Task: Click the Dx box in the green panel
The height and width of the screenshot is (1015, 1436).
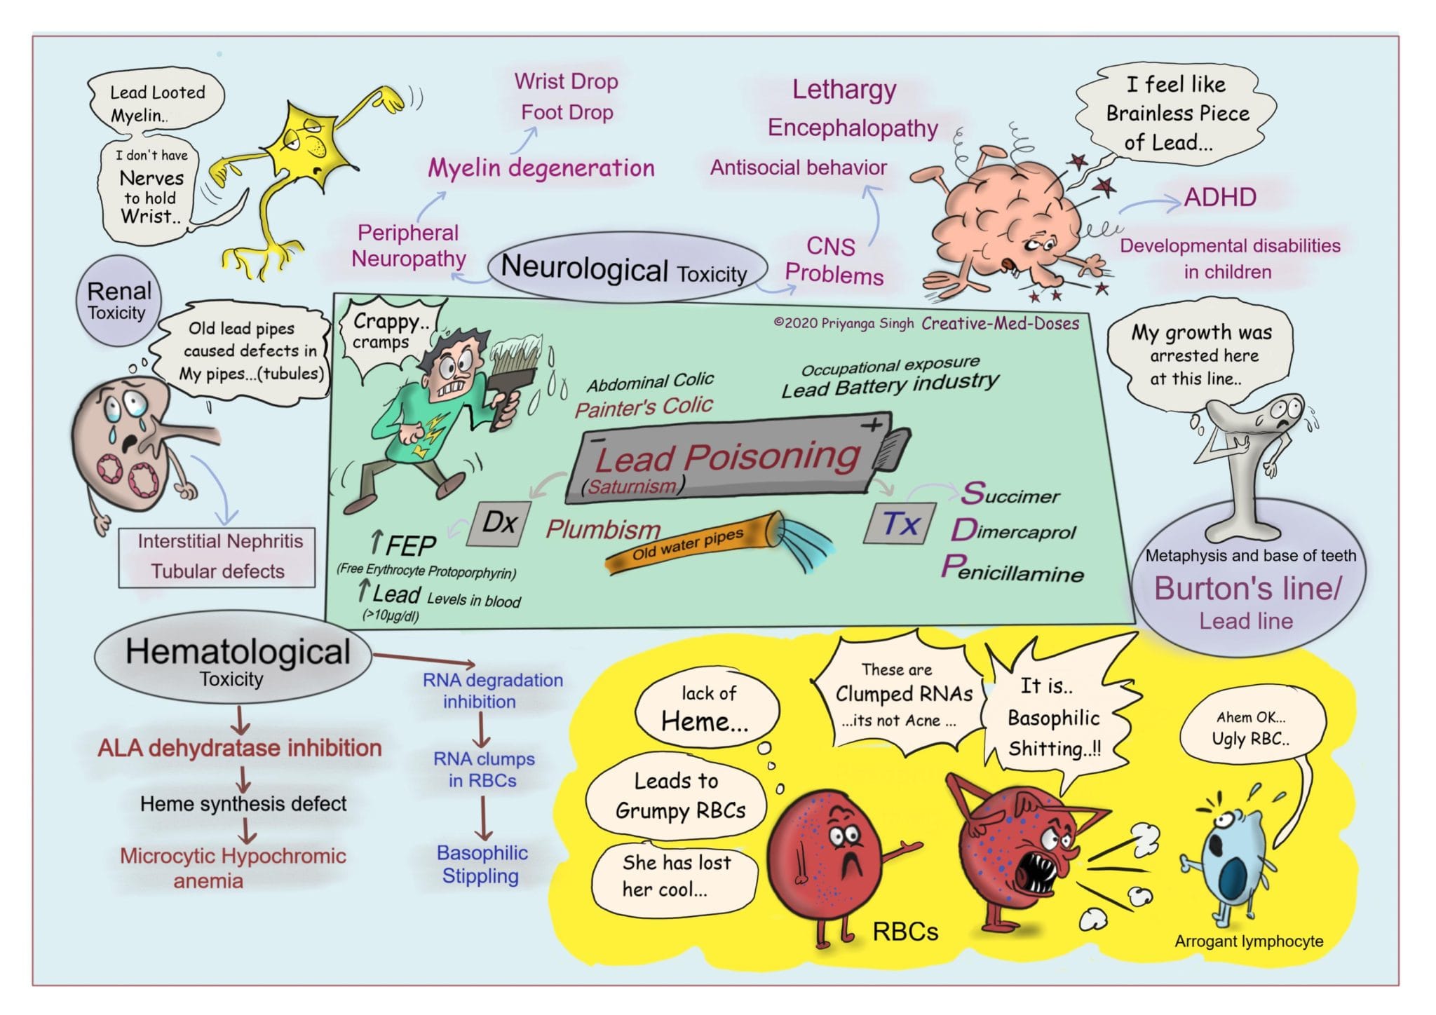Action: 499,523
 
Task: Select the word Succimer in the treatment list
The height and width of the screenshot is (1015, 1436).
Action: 1010,494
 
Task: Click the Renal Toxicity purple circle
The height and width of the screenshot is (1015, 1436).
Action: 118,301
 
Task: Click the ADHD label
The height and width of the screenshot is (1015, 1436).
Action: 1219,198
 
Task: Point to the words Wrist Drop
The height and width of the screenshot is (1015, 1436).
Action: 566,81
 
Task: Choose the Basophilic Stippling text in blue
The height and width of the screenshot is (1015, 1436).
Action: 481,864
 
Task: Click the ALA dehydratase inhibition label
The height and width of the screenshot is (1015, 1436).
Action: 240,748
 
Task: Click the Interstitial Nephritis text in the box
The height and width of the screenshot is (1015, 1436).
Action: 219,541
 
